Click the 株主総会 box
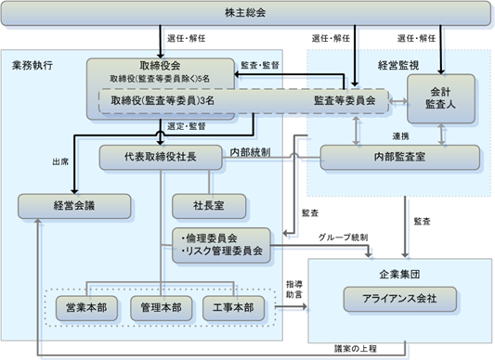pyautogui.click(x=245, y=13)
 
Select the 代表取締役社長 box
pyautogui.click(x=161, y=157)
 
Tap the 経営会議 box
pyautogui.click(x=74, y=206)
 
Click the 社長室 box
pyautogui.click(x=209, y=206)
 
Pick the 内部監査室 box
pyautogui.click(x=400, y=157)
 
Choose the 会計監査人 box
pyautogui.click(x=441, y=98)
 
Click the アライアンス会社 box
pyautogui.click(x=399, y=299)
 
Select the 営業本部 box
pyautogui.click(x=86, y=308)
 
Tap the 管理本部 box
pyautogui.click(x=161, y=308)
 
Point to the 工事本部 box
pyautogui.click(x=233, y=308)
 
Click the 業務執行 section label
pyautogui.click(x=33, y=65)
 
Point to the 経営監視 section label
pyautogui.click(x=398, y=65)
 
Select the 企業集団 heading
pyautogui.click(x=399, y=275)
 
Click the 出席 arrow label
pyautogui.click(x=60, y=162)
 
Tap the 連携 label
pyautogui.click(x=400, y=136)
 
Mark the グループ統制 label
pyautogui.click(x=343, y=238)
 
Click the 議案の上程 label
pyautogui.click(x=356, y=349)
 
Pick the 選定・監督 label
pyautogui.click(x=187, y=126)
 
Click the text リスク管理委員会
pyautogui.click(x=224, y=251)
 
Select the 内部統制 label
pyautogui.click(x=250, y=152)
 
